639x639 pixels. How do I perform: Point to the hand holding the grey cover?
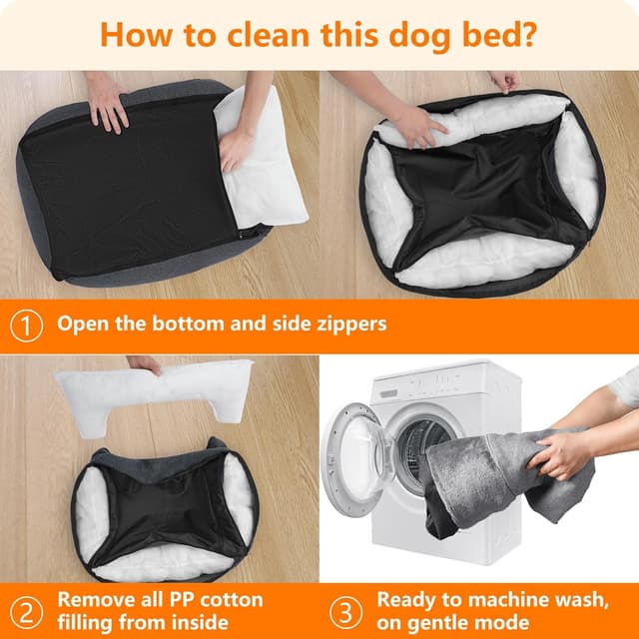(563, 454)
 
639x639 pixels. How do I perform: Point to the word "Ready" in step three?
(407, 600)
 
